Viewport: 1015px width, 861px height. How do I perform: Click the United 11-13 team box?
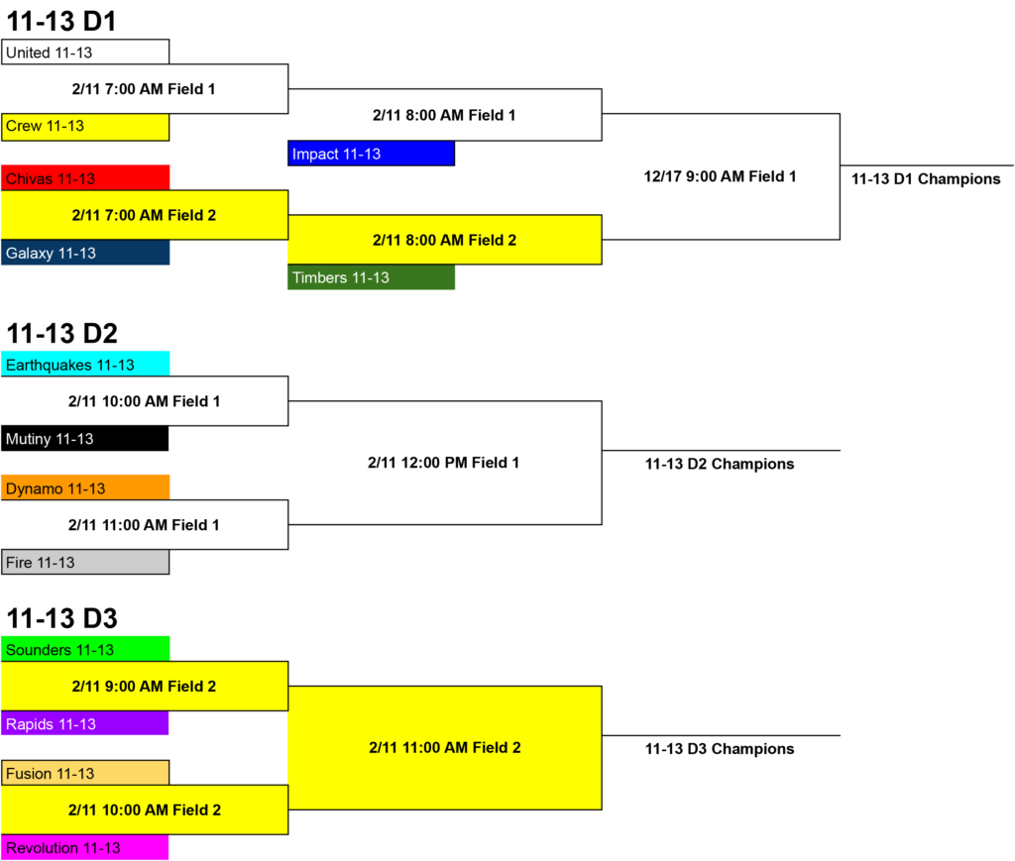(x=85, y=52)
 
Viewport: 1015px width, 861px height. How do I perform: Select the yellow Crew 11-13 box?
(x=85, y=127)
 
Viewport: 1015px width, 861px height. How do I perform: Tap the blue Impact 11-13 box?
(x=371, y=154)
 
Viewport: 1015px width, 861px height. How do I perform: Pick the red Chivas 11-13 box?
(x=85, y=178)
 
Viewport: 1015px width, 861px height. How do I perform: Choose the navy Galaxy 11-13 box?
(x=85, y=253)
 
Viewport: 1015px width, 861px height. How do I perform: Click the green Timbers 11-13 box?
(x=371, y=276)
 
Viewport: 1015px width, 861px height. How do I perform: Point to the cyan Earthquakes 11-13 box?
(x=85, y=364)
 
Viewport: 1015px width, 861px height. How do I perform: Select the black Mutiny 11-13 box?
(x=85, y=438)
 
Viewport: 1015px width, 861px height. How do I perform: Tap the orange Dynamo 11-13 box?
(x=85, y=487)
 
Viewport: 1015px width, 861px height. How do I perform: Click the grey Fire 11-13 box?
(x=85, y=562)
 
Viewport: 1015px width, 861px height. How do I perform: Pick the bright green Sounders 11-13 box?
(x=85, y=649)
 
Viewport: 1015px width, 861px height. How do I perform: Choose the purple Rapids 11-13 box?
(x=85, y=722)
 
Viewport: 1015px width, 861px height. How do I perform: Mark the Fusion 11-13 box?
(x=85, y=773)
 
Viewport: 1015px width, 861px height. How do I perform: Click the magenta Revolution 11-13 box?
(x=85, y=847)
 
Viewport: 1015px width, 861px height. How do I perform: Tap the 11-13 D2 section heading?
(x=62, y=333)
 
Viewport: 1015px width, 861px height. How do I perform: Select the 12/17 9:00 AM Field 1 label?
(x=720, y=176)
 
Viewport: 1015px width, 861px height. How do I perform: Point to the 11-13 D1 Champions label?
(x=926, y=179)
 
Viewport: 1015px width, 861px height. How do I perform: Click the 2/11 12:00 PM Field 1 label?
(x=443, y=463)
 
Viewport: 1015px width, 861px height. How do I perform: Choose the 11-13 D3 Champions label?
(x=720, y=749)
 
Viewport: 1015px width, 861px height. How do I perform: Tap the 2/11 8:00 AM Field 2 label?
(x=445, y=240)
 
